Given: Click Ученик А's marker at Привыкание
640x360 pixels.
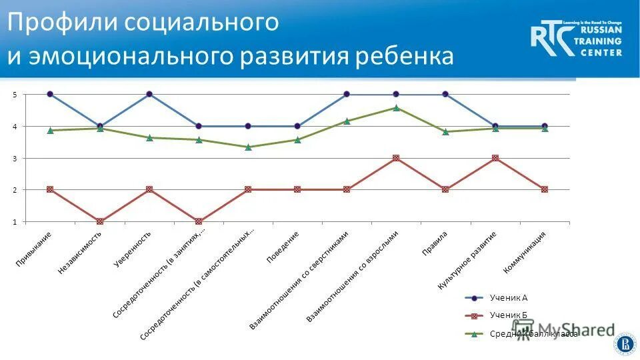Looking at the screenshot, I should (50, 94).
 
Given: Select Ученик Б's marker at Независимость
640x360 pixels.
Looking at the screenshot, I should (100, 221).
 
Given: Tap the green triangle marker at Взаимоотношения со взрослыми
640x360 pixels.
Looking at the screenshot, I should (396, 107).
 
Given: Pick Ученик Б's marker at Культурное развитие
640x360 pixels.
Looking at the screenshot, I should (495, 158).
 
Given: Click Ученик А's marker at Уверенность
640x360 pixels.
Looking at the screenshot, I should (149, 94).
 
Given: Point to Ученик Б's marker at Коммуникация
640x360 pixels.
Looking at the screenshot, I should (545, 189).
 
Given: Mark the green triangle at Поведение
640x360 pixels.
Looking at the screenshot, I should (297, 139).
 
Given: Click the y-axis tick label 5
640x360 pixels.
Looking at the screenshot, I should (15, 95).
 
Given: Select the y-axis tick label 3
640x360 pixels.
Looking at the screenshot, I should (15, 159).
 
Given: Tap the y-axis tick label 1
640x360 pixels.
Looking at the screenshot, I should (15, 222).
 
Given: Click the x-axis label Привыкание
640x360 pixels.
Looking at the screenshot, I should (35, 249).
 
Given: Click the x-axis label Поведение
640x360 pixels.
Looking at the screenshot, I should (283, 247).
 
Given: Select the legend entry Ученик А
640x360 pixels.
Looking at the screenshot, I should (509, 298).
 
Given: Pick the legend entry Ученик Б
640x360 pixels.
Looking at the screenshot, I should (509, 315).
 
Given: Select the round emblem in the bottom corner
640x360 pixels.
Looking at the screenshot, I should (625, 343).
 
